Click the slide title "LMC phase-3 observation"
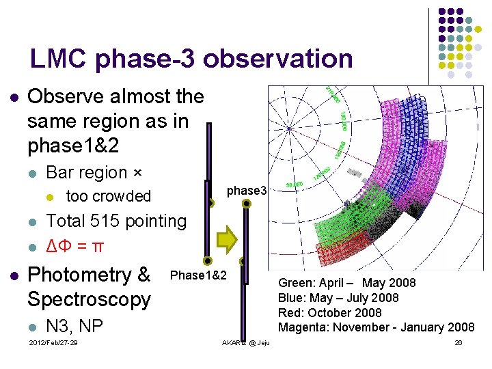coord(191,59)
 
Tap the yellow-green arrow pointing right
coord(227,238)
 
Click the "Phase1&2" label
coord(198,275)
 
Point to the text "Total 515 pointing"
coord(115,221)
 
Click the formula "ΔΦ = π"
coord(74,245)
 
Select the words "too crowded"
coord(108,196)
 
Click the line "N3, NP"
coord(74,325)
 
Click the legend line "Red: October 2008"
coord(329,313)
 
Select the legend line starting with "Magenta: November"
coord(376,328)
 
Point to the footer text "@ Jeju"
coord(258,342)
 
